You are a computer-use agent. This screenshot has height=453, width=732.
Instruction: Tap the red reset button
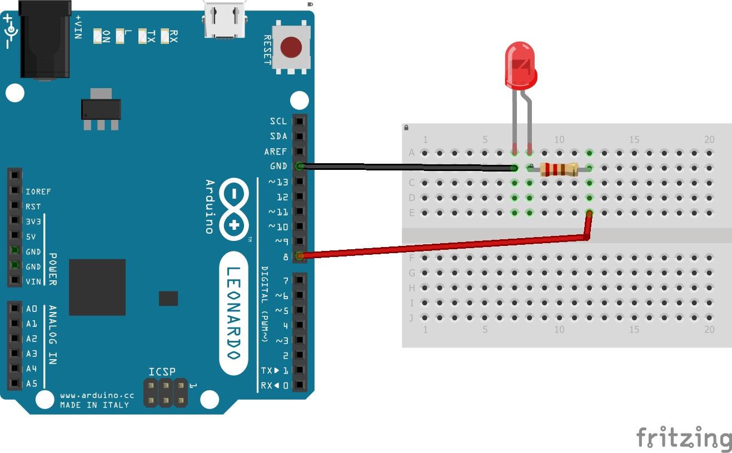click(x=291, y=47)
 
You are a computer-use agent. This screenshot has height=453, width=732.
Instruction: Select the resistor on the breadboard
click(x=559, y=169)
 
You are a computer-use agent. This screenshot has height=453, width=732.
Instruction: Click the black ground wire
click(x=406, y=166)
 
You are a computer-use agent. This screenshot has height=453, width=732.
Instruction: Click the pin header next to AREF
click(x=300, y=151)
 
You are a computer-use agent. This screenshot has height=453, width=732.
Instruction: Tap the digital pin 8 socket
click(x=300, y=256)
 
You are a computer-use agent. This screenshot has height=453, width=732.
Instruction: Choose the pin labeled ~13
click(x=300, y=181)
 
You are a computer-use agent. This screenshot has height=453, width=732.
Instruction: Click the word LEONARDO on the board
click(x=233, y=314)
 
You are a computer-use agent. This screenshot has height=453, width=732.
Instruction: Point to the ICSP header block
click(x=165, y=392)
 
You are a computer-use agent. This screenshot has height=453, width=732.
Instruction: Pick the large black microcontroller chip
click(x=97, y=287)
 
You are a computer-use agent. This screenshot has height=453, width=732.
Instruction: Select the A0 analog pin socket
click(x=14, y=309)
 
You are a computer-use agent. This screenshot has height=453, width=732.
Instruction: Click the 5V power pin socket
click(x=15, y=236)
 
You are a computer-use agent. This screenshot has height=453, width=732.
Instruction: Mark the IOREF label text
click(x=38, y=192)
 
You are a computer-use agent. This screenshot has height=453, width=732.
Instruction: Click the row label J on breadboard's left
click(x=412, y=318)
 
